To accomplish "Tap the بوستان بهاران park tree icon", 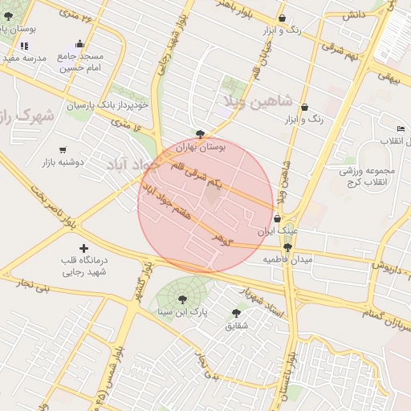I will click(200, 134).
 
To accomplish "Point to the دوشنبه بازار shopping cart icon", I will click(63, 149).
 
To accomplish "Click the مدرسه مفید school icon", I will click(24, 46).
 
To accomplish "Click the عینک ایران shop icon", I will click(278, 218).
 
